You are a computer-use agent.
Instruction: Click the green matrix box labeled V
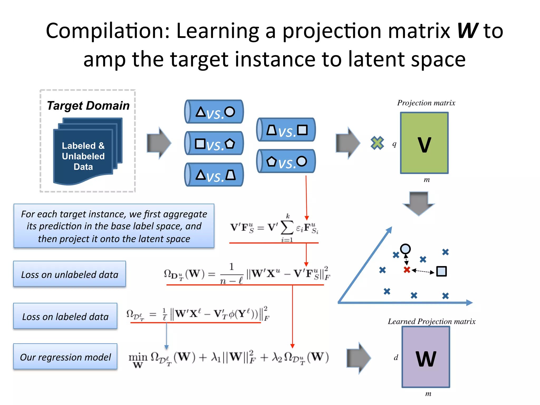pyautogui.click(x=424, y=143)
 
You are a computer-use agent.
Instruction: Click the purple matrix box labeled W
pyautogui.click(x=426, y=357)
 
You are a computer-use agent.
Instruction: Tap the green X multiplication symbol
pyautogui.click(x=377, y=143)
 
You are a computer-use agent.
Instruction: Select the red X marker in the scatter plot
pyautogui.click(x=407, y=270)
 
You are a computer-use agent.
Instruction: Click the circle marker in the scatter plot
pyautogui.click(x=405, y=249)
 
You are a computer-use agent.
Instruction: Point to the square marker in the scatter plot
pyautogui.click(x=441, y=271)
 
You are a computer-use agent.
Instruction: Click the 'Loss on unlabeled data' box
pyautogui.click(x=70, y=274)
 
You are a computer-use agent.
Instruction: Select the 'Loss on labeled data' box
pyautogui.click(x=65, y=316)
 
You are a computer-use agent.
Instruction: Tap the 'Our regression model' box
pyautogui.click(x=65, y=356)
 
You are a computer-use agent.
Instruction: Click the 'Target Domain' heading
pyautogui.click(x=88, y=105)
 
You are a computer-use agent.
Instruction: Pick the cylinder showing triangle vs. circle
pyautogui.click(x=214, y=112)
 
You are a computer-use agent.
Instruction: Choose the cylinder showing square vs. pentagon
pyautogui.click(x=214, y=143)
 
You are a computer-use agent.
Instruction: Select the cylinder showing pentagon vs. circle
pyautogui.click(x=286, y=161)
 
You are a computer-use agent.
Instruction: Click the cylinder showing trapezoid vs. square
pyautogui.click(x=286, y=130)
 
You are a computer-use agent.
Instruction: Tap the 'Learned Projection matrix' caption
pyautogui.click(x=431, y=321)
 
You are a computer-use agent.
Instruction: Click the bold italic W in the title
pyautogui.click(x=467, y=31)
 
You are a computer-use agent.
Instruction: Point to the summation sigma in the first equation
pyautogui.click(x=287, y=227)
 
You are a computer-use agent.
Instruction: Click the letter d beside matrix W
pyautogui.click(x=396, y=358)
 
